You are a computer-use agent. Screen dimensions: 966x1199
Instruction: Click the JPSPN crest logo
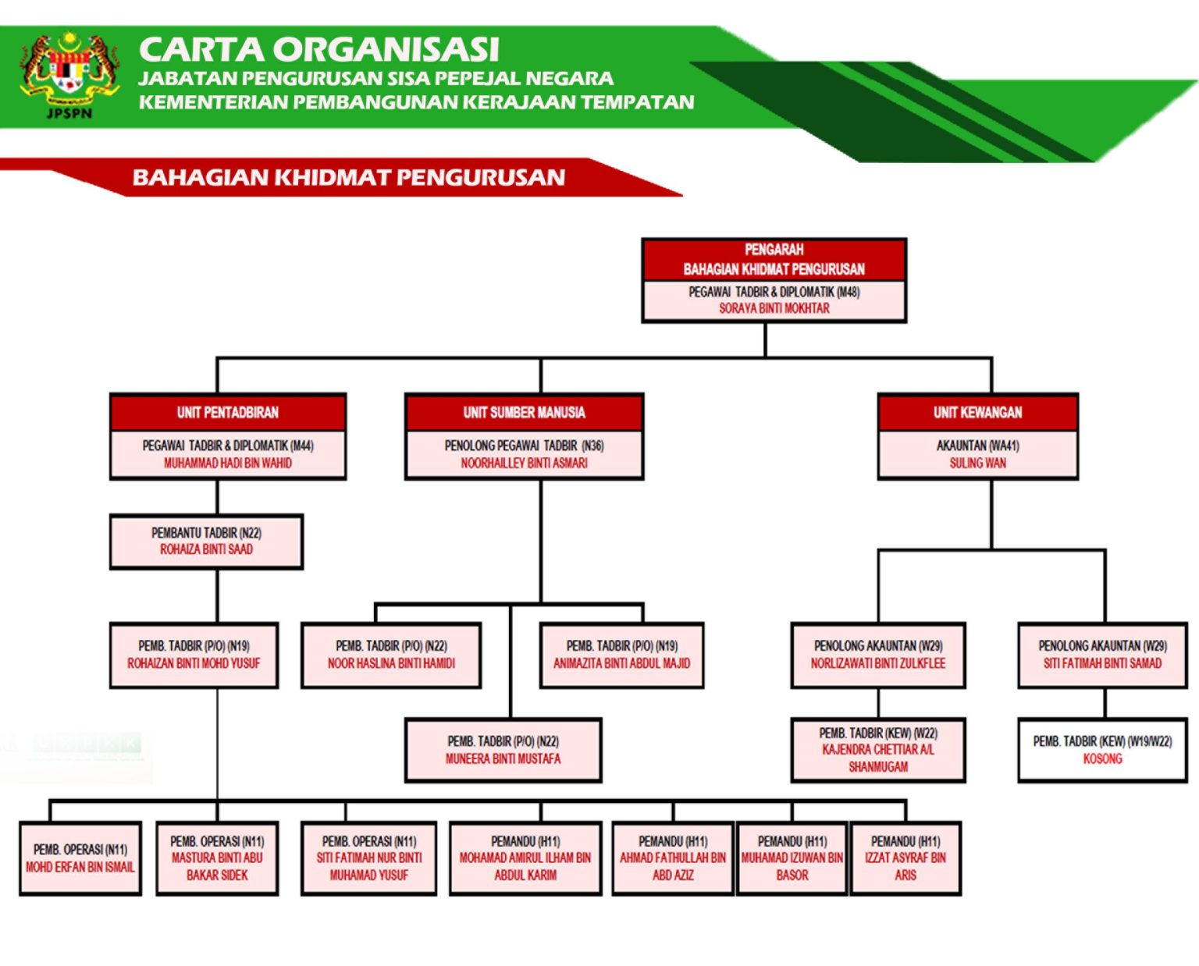click(x=69, y=74)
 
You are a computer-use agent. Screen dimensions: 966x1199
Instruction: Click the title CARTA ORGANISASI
click(x=318, y=49)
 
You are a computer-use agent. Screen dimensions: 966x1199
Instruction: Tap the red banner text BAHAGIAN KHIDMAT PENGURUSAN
click(x=348, y=177)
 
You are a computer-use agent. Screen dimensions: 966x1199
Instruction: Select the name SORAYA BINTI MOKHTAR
click(x=774, y=308)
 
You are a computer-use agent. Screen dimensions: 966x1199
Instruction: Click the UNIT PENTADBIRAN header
click(x=227, y=412)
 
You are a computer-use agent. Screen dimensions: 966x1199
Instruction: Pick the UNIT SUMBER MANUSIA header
click(x=524, y=412)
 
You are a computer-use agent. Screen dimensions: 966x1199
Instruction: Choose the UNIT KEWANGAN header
click(x=977, y=412)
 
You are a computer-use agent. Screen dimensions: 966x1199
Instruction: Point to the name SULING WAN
click(x=977, y=463)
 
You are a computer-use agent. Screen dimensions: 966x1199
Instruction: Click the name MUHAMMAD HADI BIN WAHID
click(x=227, y=463)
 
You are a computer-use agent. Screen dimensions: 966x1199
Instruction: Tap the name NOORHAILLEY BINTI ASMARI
click(x=524, y=463)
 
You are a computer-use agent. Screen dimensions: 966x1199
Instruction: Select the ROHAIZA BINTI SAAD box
click(x=206, y=542)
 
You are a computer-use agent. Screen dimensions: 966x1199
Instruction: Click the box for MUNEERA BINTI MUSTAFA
click(x=503, y=750)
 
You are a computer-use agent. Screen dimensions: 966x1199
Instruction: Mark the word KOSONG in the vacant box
click(x=1102, y=758)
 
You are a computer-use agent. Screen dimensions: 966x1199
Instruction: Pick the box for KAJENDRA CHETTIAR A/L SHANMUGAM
click(x=878, y=750)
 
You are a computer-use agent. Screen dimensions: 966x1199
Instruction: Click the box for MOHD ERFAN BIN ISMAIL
click(x=80, y=858)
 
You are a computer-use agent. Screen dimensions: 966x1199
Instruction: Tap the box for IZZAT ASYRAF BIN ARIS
click(x=905, y=858)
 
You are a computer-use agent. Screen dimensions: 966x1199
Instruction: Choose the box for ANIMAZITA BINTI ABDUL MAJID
click(x=621, y=655)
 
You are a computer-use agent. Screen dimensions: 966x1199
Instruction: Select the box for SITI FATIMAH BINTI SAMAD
click(x=1102, y=655)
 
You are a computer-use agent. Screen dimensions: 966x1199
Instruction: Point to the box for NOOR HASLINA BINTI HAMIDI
click(x=391, y=655)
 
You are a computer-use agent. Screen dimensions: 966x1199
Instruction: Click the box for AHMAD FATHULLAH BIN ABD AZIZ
click(x=673, y=858)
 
